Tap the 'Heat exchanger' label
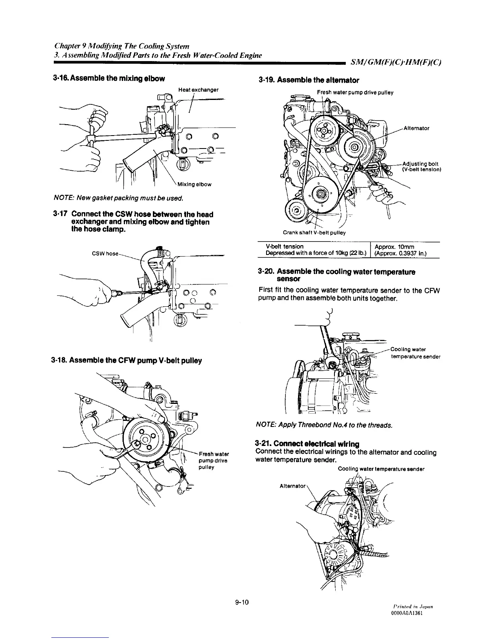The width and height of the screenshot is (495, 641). coord(198,89)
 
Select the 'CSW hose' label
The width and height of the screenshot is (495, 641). coord(105,254)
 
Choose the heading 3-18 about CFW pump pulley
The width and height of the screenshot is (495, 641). coord(127,361)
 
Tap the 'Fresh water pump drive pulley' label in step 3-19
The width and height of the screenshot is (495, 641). coord(355,92)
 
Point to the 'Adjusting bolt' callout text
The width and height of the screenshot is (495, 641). coord(419,163)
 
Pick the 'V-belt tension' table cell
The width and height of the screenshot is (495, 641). coord(285,246)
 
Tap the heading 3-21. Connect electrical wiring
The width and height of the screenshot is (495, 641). coord(307,445)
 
